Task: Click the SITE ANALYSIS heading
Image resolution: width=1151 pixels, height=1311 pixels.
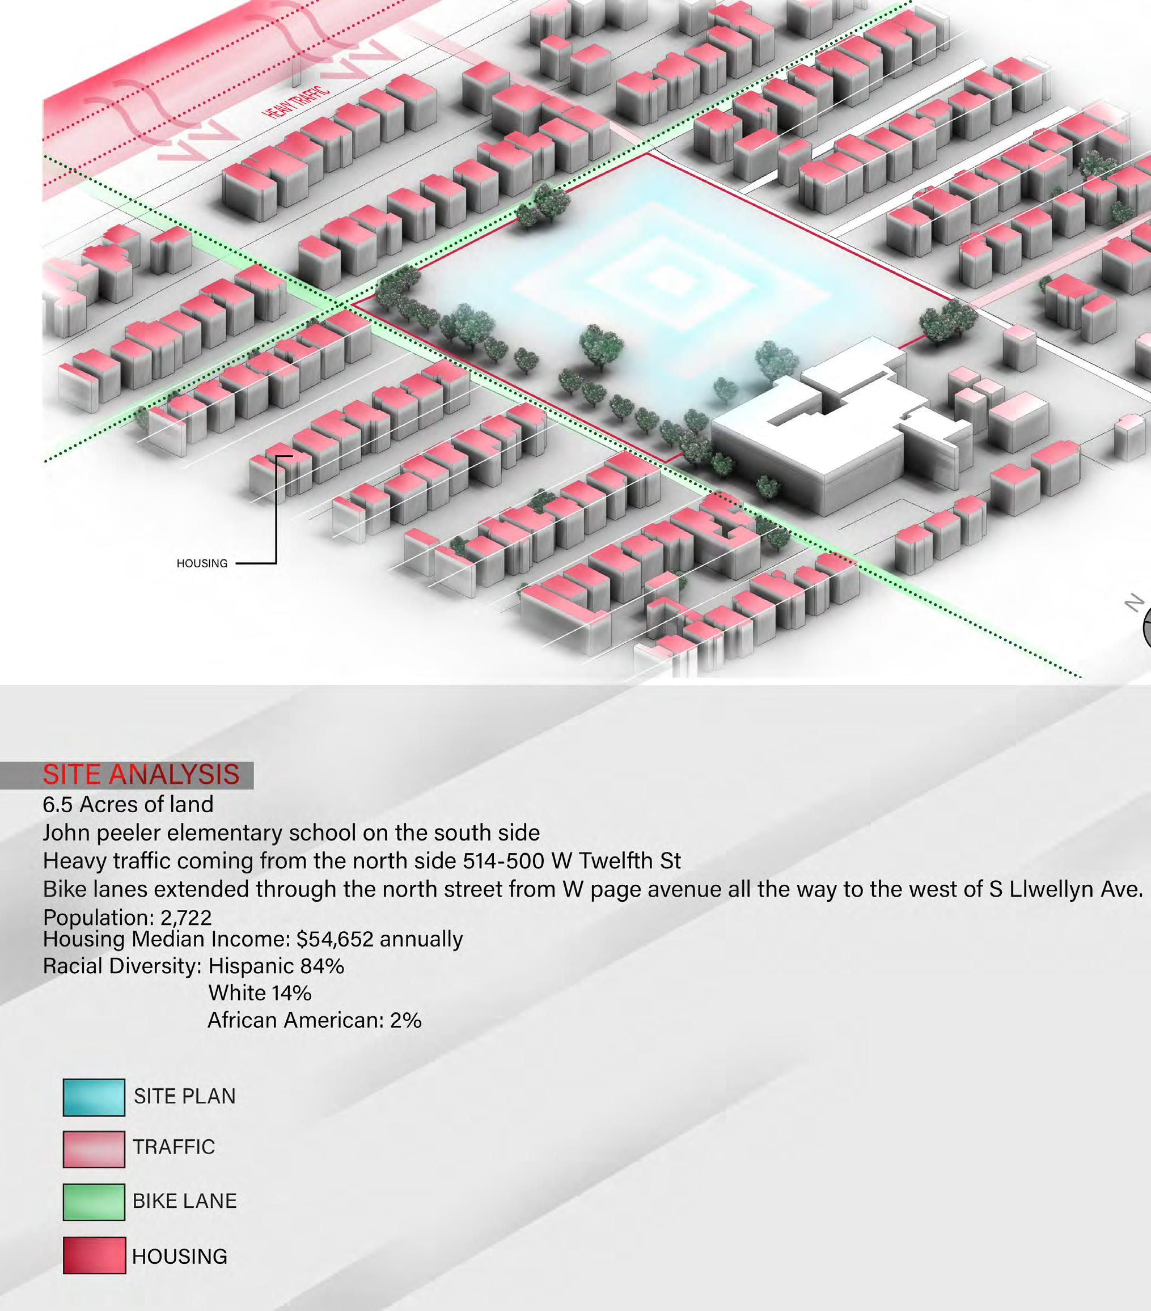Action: (x=141, y=775)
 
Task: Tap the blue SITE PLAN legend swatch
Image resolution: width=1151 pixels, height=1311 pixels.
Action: (x=94, y=1097)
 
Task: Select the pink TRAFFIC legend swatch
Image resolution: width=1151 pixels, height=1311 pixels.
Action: (x=94, y=1149)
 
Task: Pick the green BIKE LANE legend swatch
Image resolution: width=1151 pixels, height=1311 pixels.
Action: (x=94, y=1201)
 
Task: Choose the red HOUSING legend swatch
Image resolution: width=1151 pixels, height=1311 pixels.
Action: (x=94, y=1255)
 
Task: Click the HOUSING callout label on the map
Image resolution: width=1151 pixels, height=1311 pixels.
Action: (x=202, y=563)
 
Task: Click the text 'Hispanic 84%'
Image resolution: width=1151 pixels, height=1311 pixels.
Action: (x=277, y=966)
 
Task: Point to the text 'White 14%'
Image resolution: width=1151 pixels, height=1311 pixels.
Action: (x=260, y=993)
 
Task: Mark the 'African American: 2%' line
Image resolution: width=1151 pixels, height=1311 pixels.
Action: (x=314, y=1020)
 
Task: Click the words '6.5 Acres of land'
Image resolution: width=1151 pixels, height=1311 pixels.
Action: (x=128, y=804)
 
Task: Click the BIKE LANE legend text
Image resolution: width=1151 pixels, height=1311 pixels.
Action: (x=185, y=1201)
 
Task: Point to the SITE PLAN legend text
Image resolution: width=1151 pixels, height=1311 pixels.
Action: (x=185, y=1096)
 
